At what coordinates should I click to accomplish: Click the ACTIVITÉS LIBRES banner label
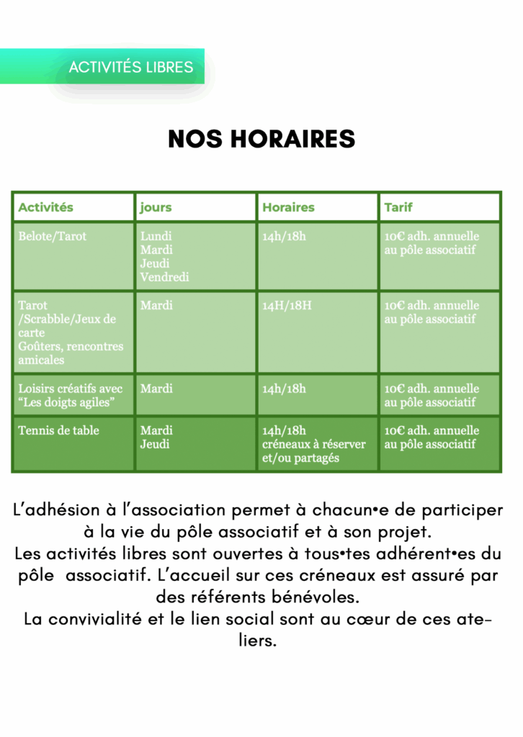coord(131,68)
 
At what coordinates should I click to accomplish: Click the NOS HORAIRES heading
coord(261,139)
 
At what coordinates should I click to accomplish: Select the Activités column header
coord(45,207)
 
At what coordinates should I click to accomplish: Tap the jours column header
coord(156,207)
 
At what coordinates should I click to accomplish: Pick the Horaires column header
coord(288,207)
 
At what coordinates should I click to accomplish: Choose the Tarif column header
coord(398,207)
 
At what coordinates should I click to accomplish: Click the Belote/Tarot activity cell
coord(52,236)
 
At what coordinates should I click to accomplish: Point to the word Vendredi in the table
coord(164,277)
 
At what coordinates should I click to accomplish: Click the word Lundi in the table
coord(156,236)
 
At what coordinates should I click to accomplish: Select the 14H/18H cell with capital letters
coord(287,305)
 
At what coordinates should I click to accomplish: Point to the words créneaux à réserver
coord(314,444)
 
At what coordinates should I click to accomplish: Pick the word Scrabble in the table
coord(47,319)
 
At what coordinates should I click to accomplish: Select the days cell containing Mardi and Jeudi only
coord(156,437)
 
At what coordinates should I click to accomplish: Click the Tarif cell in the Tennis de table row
coord(432,437)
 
